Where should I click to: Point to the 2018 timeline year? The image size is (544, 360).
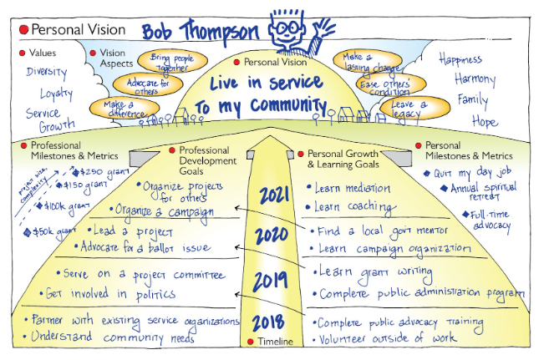click(x=269, y=322)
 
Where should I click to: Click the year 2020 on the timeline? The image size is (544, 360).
click(x=272, y=235)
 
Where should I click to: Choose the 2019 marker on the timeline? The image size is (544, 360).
click(x=270, y=280)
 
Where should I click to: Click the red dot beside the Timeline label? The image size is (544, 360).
click(x=248, y=342)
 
